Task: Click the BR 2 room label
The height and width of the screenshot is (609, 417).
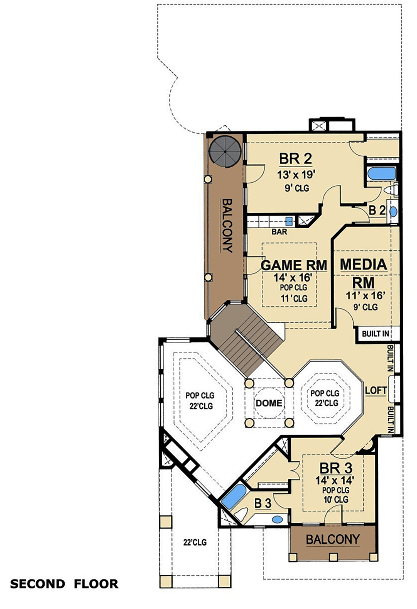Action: pos(295,159)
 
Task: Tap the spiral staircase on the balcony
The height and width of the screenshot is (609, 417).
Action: pos(225,150)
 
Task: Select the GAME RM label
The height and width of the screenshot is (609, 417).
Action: pos(294,265)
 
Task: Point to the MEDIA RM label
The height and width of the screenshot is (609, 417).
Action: pos(363,273)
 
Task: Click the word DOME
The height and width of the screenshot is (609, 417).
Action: pos(269,403)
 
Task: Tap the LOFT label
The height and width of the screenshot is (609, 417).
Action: pos(376,390)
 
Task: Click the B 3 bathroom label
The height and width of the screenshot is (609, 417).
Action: pos(263,503)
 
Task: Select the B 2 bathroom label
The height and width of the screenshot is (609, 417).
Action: pos(377,211)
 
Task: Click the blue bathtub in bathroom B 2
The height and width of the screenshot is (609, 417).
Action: pos(381,174)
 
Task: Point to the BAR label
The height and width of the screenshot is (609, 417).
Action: pos(279,232)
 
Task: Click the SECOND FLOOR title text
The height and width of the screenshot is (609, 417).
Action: pos(64,584)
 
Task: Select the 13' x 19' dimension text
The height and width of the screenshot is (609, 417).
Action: pos(296,174)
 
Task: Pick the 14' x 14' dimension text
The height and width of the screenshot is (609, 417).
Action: pos(334,480)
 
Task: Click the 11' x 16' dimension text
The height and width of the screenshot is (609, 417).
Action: pos(365,295)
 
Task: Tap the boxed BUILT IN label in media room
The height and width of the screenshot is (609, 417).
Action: pos(375,333)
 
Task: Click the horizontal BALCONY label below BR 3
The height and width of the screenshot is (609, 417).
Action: pos(332,539)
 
